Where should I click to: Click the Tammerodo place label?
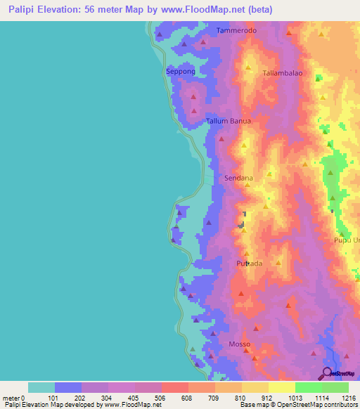(237, 31)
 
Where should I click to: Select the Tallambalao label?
(283, 73)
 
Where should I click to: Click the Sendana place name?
(238, 178)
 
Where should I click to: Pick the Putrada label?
(249, 264)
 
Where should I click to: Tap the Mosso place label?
(240, 344)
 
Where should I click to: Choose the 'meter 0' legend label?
(13, 398)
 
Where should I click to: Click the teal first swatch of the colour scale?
(41, 387)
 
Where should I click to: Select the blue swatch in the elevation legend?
(68, 387)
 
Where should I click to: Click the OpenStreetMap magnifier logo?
(328, 373)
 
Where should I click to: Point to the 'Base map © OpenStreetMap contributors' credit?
(300, 405)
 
